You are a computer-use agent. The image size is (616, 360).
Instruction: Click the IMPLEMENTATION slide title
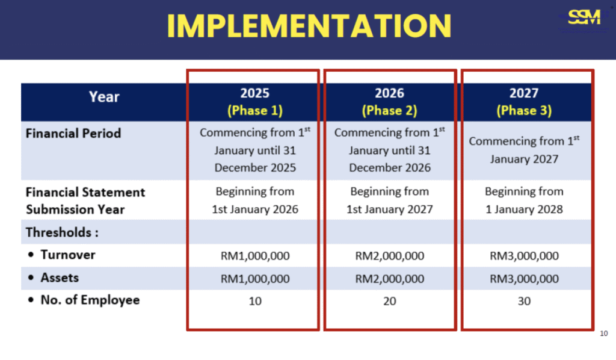click(309, 26)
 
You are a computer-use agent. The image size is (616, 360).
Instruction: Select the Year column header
click(103, 97)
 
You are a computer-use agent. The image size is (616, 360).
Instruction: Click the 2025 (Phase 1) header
click(255, 102)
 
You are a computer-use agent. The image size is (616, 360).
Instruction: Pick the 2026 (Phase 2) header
click(390, 102)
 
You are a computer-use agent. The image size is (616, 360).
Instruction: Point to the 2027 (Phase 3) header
click(524, 102)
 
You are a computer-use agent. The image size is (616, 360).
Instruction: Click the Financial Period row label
click(73, 134)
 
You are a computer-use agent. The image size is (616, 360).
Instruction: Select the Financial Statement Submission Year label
click(85, 201)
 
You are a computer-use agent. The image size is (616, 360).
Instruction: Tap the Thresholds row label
click(62, 232)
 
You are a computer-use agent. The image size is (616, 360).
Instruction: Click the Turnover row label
click(67, 255)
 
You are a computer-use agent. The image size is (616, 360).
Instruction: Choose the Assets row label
click(60, 278)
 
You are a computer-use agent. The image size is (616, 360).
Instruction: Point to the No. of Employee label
click(90, 300)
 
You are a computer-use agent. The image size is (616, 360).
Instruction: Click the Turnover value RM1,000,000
click(255, 256)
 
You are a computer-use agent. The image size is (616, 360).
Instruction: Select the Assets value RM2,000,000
click(390, 279)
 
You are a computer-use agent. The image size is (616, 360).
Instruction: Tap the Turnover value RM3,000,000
click(524, 256)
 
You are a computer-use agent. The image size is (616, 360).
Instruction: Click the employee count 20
click(390, 301)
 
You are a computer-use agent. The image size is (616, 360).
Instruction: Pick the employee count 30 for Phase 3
click(524, 301)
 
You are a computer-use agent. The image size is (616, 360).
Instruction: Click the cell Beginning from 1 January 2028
click(524, 200)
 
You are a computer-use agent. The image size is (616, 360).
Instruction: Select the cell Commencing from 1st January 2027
click(524, 150)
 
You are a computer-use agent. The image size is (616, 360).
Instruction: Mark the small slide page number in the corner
click(604, 334)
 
